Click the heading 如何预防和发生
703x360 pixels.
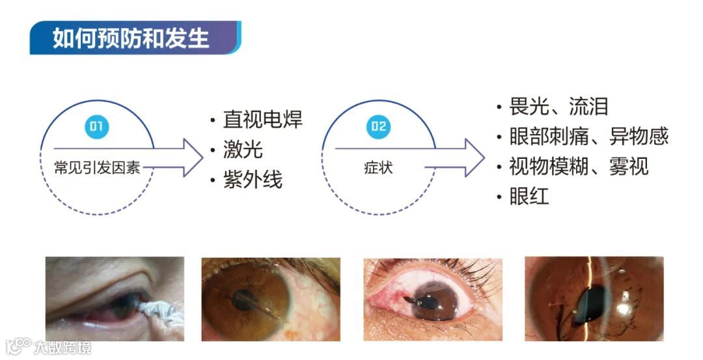pyautogui.click(x=131, y=38)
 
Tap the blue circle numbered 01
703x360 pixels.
pyautogui.click(x=96, y=126)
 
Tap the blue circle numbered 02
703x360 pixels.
pyautogui.click(x=378, y=126)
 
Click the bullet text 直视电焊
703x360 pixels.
pyautogui.click(x=262, y=119)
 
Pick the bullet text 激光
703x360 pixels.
pyautogui.click(x=243, y=150)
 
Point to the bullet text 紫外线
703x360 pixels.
pyautogui.click(x=253, y=180)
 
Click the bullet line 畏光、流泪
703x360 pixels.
pyautogui.click(x=558, y=106)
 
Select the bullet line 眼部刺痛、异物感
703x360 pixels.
pyautogui.click(x=589, y=136)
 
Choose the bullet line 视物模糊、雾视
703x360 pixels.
pyautogui.click(x=579, y=166)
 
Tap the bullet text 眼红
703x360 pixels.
pyautogui.click(x=529, y=196)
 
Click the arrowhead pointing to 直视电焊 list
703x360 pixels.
pyautogui.click(x=193, y=158)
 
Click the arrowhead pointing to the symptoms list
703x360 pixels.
pyautogui.click(x=475, y=158)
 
